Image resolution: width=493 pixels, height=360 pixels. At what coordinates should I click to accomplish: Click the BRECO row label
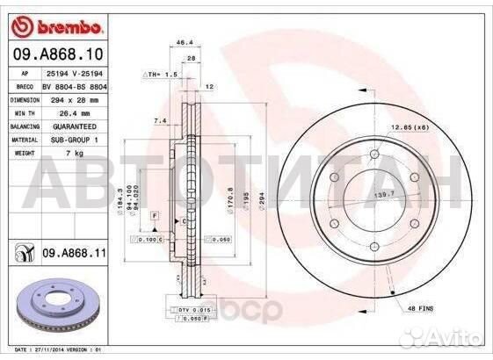tap(25, 88)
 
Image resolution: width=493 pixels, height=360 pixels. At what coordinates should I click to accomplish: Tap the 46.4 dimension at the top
tap(185, 42)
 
